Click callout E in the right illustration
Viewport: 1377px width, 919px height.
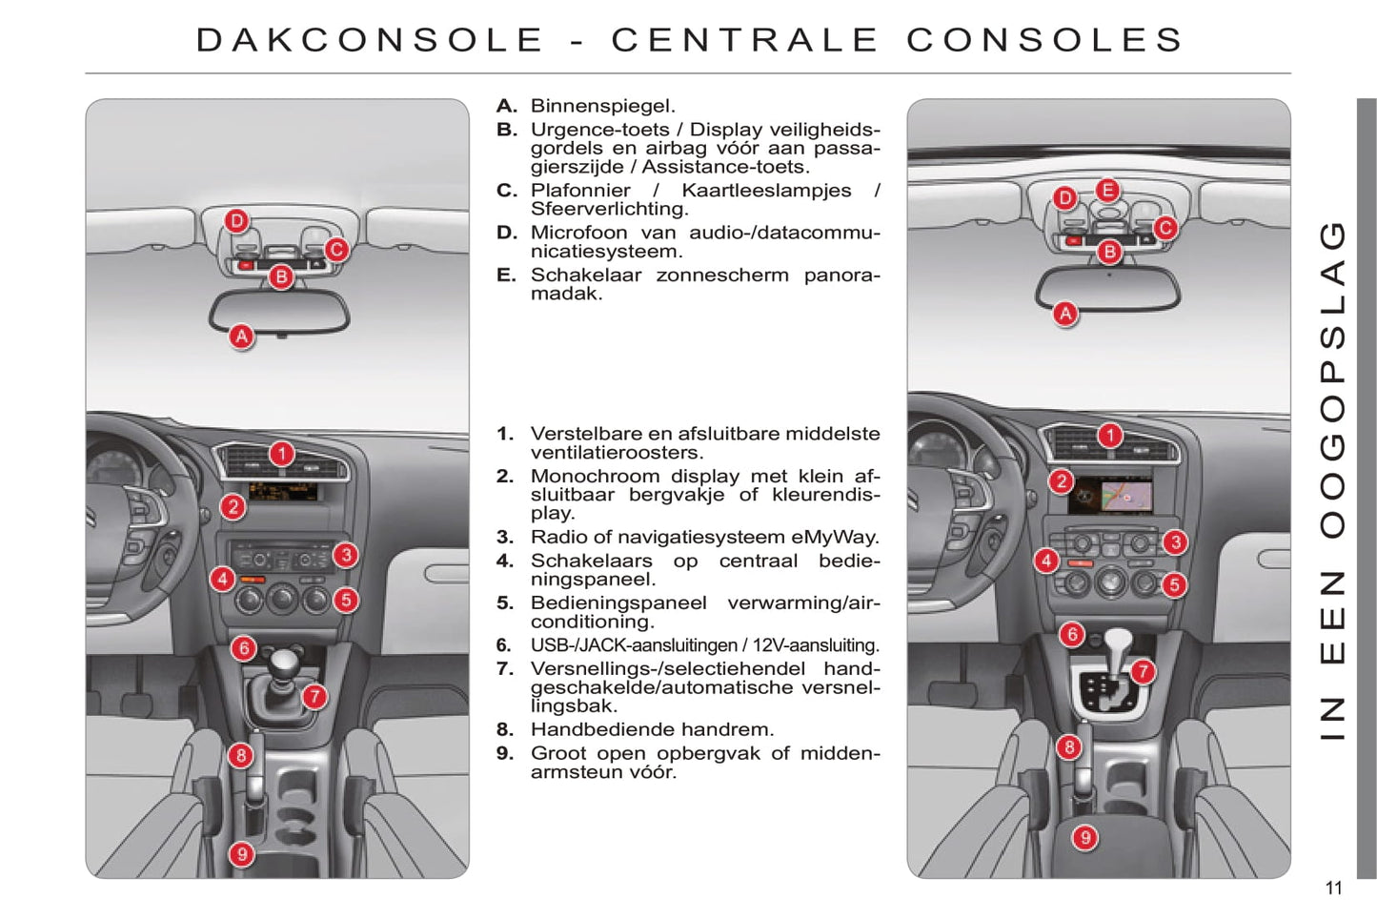coord(1107,190)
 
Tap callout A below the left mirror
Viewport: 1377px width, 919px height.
coord(242,337)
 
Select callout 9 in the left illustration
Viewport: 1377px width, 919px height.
coord(242,854)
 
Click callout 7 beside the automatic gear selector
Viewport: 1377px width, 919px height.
coord(1143,671)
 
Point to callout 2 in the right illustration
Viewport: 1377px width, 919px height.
coord(1062,481)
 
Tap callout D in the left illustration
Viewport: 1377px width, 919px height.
coord(237,221)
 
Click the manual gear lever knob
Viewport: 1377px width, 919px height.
coord(283,663)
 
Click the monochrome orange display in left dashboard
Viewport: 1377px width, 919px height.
coord(283,492)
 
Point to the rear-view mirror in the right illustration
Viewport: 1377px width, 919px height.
coord(1107,289)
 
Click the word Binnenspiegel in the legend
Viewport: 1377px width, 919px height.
coord(603,107)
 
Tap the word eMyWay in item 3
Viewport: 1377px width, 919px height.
coord(835,538)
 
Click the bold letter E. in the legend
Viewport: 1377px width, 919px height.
coord(507,275)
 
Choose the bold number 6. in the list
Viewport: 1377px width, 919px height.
coord(504,645)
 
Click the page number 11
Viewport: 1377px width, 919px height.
coord(1333,888)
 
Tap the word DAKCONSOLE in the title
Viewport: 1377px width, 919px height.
coord(370,40)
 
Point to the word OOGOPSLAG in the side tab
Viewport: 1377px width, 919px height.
coord(1333,379)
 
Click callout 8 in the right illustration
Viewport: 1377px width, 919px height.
coord(1069,747)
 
